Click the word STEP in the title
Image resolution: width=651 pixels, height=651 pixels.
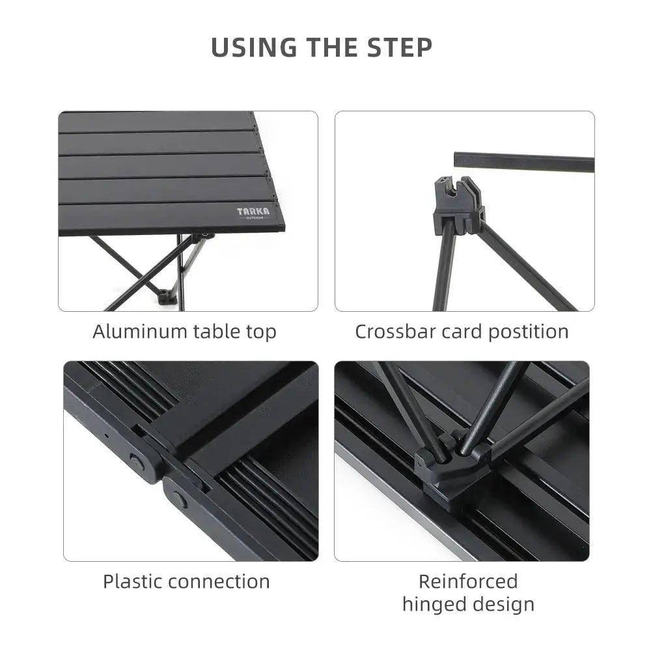tap(399, 48)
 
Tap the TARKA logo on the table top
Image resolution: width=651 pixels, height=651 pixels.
tap(253, 213)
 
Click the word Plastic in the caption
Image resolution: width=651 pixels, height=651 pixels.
tap(132, 581)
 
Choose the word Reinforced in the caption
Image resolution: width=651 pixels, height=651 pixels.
tap(468, 581)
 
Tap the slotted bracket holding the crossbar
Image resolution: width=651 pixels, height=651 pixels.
tap(457, 203)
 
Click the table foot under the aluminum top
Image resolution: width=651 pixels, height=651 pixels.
tap(167, 296)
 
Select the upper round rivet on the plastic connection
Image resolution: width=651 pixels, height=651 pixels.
tap(136, 462)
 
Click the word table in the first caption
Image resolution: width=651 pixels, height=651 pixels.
tap(213, 331)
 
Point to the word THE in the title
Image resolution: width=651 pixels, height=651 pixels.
tap(326, 48)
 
